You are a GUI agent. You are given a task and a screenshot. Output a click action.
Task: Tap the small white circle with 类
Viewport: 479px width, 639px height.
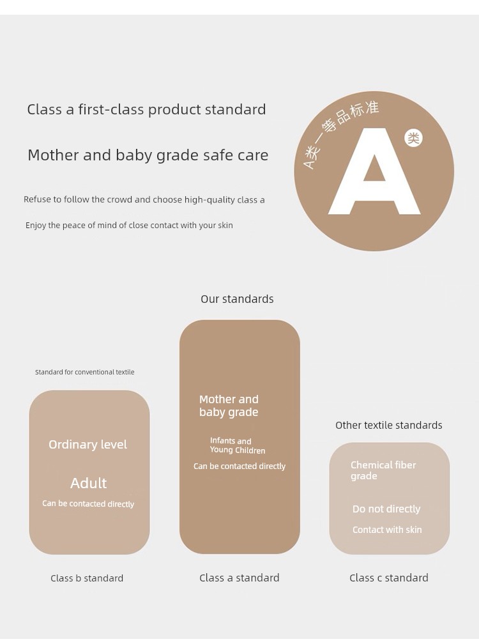click(x=413, y=138)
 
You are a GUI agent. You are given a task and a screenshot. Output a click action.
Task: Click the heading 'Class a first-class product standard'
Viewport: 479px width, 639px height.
click(x=147, y=109)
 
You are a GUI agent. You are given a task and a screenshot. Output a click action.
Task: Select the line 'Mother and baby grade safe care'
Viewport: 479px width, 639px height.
click(x=148, y=155)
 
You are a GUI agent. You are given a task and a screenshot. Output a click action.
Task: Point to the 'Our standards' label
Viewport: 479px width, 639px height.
click(x=237, y=299)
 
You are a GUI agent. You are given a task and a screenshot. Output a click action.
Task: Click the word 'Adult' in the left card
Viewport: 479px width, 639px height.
click(x=88, y=483)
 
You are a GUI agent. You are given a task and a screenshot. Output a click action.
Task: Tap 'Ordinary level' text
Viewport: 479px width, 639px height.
click(x=88, y=444)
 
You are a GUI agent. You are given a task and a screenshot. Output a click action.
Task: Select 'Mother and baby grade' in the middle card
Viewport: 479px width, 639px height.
click(x=229, y=406)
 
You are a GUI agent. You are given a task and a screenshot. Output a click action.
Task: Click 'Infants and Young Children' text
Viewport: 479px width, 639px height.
click(x=238, y=445)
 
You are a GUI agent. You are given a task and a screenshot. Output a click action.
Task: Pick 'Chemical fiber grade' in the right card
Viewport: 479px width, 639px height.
click(x=383, y=470)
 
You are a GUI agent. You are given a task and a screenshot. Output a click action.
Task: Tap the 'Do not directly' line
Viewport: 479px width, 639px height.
click(x=386, y=509)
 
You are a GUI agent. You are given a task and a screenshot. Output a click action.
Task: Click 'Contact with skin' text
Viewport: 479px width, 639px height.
click(x=387, y=530)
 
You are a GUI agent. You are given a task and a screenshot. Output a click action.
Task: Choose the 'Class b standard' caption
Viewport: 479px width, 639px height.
click(x=87, y=578)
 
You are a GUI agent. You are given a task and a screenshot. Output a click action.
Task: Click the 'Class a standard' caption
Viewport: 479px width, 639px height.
click(x=240, y=578)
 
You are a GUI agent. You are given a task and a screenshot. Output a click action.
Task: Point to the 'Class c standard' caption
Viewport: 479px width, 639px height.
click(x=389, y=578)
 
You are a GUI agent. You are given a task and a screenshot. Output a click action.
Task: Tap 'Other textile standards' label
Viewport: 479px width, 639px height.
click(x=389, y=426)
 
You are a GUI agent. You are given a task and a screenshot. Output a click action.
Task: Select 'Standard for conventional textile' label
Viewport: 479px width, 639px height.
click(x=85, y=372)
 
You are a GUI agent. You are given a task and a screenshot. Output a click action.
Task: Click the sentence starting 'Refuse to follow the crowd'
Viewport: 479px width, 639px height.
click(x=144, y=199)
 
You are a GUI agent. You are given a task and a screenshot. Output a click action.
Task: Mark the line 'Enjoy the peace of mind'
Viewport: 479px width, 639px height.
click(x=129, y=226)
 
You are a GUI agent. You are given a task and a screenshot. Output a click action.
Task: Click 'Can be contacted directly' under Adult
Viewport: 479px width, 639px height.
click(x=88, y=504)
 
